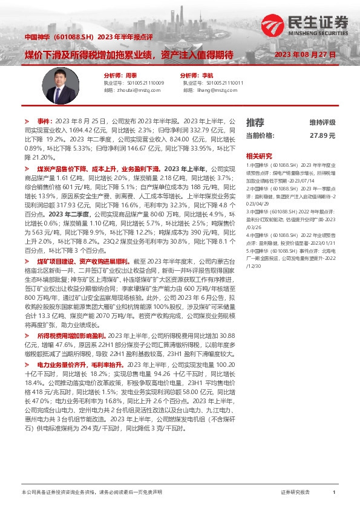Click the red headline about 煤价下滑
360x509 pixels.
(x=129, y=54)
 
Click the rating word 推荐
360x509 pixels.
(x=255, y=122)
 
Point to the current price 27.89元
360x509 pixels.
(x=322, y=136)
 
